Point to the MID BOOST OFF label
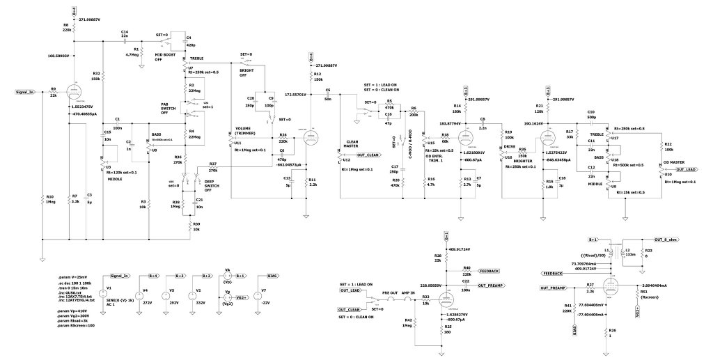click(163, 56)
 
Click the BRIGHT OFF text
click(246, 72)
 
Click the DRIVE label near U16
click(510, 148)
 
